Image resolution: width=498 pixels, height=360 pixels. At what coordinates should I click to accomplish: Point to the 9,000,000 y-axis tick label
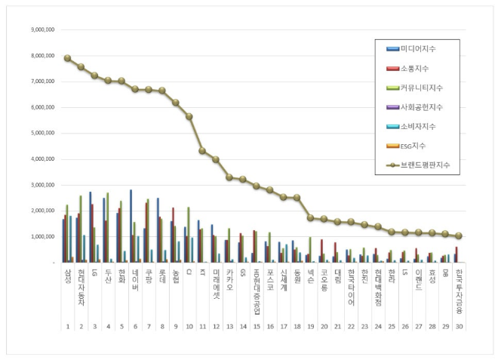pos(42,30)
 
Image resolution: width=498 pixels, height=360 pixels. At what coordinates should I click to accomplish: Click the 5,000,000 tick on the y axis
pos(42,134)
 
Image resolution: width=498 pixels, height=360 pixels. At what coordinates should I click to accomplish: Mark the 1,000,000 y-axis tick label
pos(42,237)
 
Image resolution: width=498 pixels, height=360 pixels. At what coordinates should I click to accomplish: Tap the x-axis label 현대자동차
pos(81,286)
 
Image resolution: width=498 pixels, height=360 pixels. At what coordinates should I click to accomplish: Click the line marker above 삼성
pos(67,58)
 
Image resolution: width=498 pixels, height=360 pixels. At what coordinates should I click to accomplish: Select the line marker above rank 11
pos(202,151)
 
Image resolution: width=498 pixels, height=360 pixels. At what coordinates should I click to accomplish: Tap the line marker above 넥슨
pos(311,218)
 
